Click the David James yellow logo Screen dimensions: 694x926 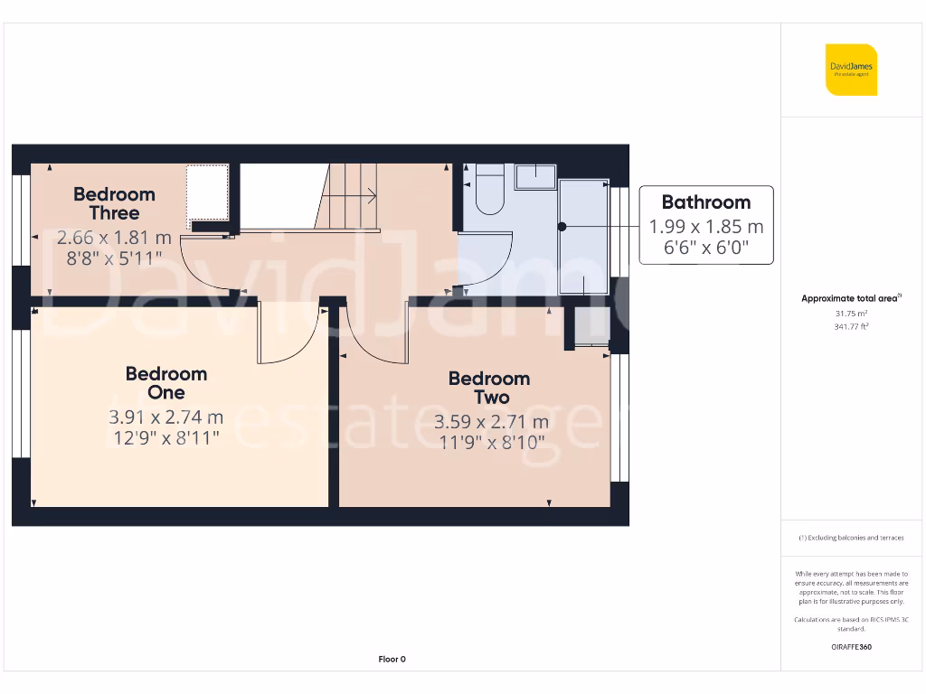pos(851,70)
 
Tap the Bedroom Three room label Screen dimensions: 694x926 pos(114,203)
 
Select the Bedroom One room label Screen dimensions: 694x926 pos(165,383)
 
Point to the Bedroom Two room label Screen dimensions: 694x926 pos(489,388)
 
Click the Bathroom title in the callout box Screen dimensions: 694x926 pos(705,202)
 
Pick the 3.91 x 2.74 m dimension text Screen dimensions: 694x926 pos(165,417)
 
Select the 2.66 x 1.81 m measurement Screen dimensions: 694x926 pos(114,238)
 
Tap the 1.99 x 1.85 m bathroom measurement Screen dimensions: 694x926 pos(705,226)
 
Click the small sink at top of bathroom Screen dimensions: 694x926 pos(536,176)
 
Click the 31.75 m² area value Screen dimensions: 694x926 pos(851,313)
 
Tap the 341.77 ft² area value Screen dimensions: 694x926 pos(851,326)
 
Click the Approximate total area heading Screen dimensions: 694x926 pos(851,298)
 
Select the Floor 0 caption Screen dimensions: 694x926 pos(392,659)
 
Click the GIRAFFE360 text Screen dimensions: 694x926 pos(851,647)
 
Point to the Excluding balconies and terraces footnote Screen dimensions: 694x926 pos(851,538)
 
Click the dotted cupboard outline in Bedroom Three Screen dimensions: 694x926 pos(207,196)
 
